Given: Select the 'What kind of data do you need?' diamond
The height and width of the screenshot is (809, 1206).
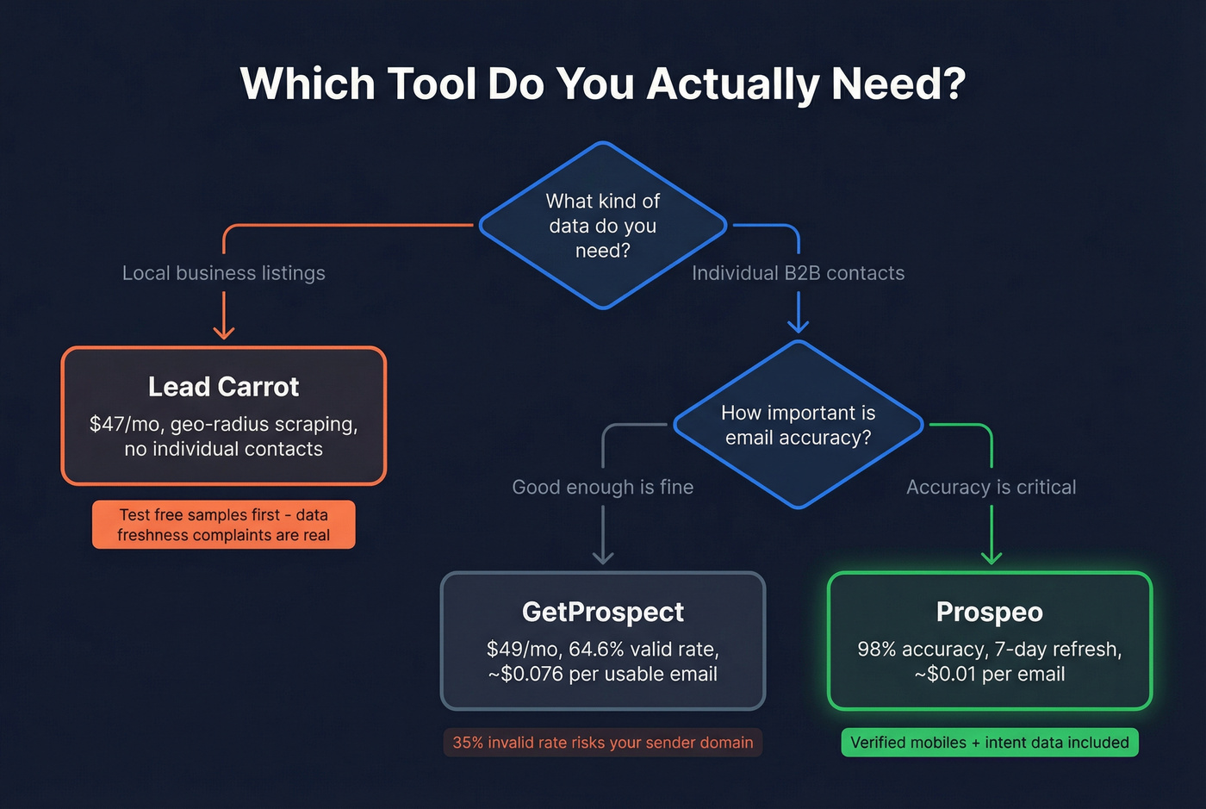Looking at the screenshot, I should point(603,226).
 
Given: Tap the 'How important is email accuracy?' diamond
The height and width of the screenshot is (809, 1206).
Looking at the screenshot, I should point(798,425).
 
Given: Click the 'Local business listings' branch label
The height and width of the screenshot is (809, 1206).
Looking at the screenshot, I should point(224,273).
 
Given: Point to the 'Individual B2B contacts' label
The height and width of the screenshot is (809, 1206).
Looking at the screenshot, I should point(798,273).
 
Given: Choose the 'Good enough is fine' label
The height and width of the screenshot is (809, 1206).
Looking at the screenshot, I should point(602,487).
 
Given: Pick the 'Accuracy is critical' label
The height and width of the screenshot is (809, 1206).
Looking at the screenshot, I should point(991,487).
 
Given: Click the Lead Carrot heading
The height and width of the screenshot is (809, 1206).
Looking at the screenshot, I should point(223,387).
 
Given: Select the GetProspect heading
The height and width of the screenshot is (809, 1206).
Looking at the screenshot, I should point(602,612).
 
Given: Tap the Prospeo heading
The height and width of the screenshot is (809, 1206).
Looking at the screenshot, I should point(989,612).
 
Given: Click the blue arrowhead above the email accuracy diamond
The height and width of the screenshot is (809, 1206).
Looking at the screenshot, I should point(799,325).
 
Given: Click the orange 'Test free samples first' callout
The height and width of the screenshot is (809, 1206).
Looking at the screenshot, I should point(224,525).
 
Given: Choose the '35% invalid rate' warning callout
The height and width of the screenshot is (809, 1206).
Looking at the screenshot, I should point(602,743).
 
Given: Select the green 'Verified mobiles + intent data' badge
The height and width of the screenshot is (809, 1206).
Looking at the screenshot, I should point(989,743).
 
